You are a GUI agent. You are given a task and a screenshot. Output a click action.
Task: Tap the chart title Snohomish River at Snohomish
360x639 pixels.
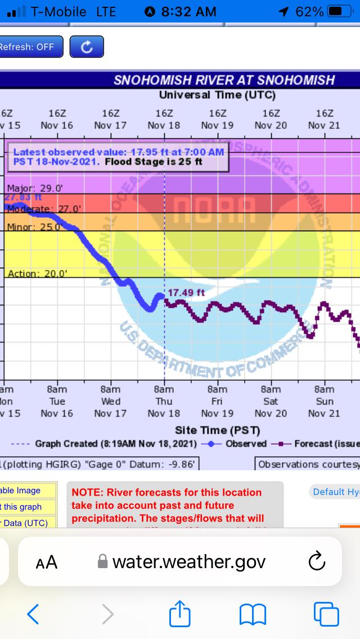pos(224,80)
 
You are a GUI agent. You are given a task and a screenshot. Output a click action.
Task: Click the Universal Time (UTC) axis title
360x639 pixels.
pos(217,94)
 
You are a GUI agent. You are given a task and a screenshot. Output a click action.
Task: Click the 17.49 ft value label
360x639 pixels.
pos(186,293)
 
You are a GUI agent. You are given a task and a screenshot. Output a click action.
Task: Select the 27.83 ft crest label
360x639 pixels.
pos(23,197)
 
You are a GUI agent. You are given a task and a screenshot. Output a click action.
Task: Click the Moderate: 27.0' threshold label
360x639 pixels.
pos(44,209)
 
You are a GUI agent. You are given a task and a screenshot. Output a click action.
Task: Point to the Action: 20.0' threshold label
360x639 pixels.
pos(37,274)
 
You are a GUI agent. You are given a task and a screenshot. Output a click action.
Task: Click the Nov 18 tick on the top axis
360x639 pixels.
pos(164,119)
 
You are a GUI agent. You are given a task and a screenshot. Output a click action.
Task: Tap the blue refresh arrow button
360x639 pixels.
pos(87,47)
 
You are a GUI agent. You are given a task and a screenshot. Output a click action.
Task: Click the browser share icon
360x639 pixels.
pos(180,614)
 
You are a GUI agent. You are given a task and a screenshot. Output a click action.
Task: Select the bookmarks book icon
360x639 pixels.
pos(253,614)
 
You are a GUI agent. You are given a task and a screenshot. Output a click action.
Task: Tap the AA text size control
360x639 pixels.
pos(46,561)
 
